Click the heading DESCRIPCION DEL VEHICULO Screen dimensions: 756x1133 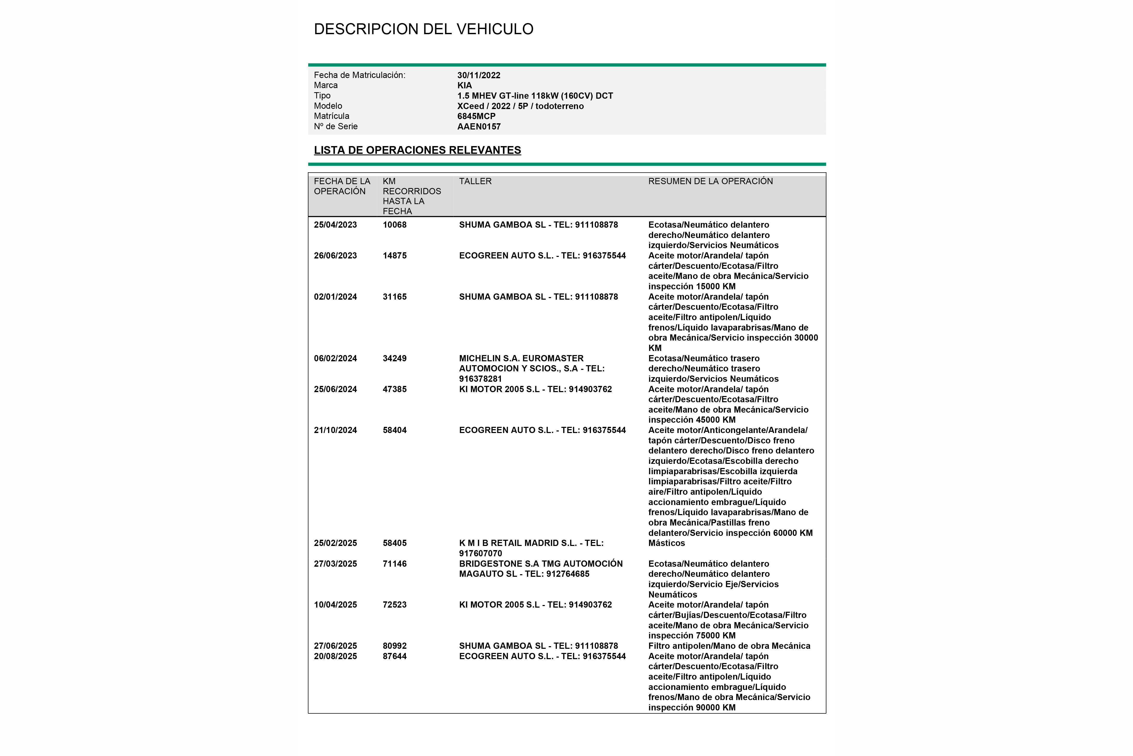point(423,29)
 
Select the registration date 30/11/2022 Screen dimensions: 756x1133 point(479,75)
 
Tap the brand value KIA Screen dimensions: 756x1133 point(465,85)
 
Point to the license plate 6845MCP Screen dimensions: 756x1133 point(476,116)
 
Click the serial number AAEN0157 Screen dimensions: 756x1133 point(479,126)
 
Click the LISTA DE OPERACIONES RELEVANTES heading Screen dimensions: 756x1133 point(417,150)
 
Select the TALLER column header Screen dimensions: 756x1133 point(475,181)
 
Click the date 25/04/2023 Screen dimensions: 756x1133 point(335,225)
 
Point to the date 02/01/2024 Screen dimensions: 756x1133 point(335,297)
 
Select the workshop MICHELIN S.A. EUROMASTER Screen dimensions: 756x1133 point(521,358)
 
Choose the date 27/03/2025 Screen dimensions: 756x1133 point(335,564)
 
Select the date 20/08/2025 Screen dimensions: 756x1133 point(335,656)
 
